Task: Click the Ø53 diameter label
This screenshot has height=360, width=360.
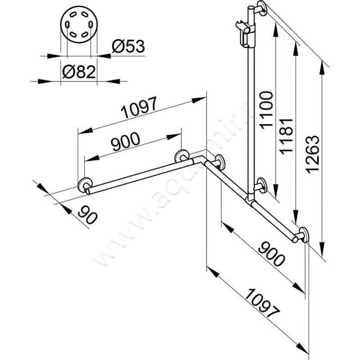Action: tap(129, 46)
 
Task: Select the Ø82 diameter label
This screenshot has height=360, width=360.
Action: tap(79, 72)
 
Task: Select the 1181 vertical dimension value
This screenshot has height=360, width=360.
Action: tap(288, 136)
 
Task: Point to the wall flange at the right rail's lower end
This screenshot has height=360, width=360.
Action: tap(303, 235)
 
